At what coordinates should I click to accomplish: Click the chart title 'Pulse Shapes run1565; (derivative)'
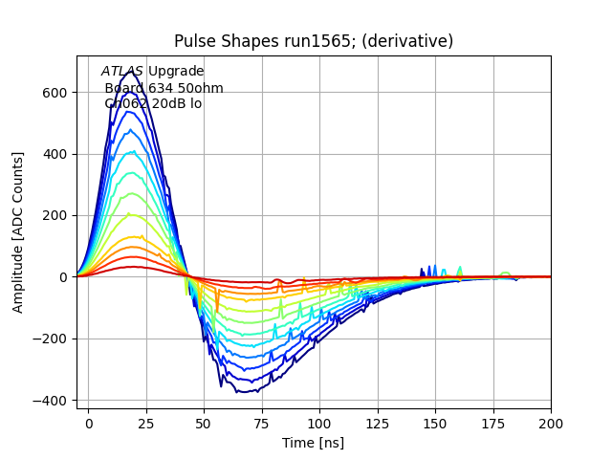(314, 41)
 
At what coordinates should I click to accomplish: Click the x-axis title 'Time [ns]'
(314, 443)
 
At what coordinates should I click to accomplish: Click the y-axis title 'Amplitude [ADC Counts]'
(18, 232)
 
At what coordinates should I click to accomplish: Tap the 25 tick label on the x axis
(146, 422)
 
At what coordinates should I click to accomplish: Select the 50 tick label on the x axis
(204, 422)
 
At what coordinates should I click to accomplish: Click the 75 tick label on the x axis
(262, 422)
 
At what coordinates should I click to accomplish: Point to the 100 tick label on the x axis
(319, 422)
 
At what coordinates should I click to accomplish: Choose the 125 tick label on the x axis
(378, 422)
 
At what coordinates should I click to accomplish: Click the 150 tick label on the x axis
(435, 422)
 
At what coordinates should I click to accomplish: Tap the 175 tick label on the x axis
(493, 422)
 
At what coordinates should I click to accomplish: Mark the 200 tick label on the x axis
(551, 422)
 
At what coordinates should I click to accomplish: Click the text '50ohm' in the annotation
(202, 88)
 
